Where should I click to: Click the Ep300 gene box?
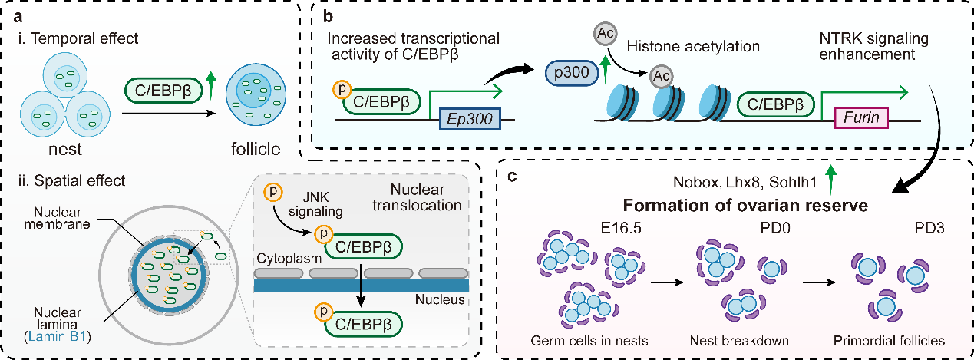[x=470, y=121]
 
